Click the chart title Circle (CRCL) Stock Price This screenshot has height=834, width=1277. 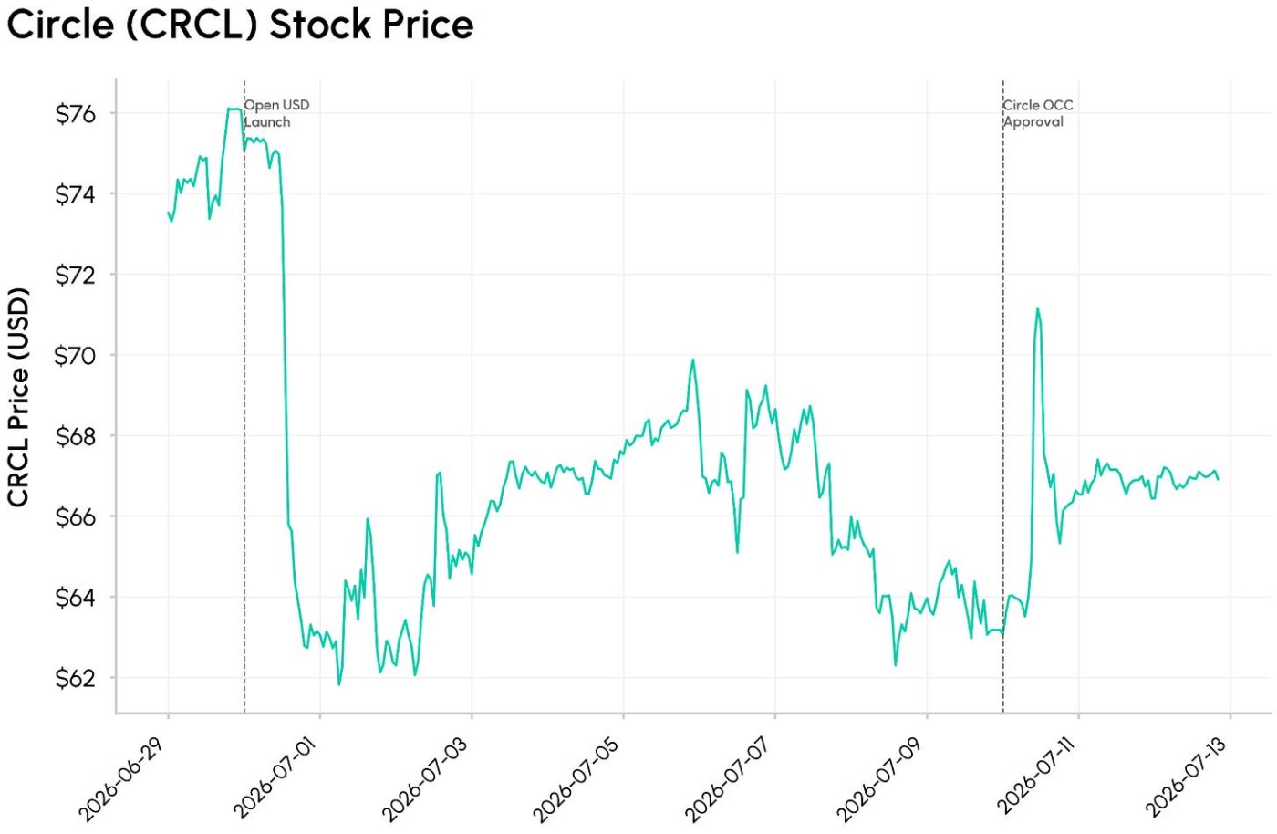tap(240, 26)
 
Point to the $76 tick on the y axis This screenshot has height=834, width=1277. tap(76, 114)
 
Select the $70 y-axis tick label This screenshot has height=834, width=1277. tap(75, 356)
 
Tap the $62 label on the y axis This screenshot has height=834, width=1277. tap(76, 679)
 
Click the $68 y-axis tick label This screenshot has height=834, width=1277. tap(76, 437)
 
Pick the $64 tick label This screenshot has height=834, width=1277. tap(76, 598)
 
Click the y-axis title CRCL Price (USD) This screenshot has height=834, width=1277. tap(18, 397)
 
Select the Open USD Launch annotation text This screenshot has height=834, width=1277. tap(277, 113)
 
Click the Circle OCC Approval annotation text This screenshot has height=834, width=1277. tap(1038, 113)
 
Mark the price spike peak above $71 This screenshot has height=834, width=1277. tap(1038, 308)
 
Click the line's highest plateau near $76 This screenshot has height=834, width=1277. tap(234, 109)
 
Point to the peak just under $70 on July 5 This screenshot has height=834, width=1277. tap(692, 360)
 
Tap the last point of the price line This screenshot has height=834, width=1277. tap(1219, 479)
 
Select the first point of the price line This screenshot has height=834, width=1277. tap(168, 213)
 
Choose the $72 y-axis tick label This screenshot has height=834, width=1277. tap(76, 276)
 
